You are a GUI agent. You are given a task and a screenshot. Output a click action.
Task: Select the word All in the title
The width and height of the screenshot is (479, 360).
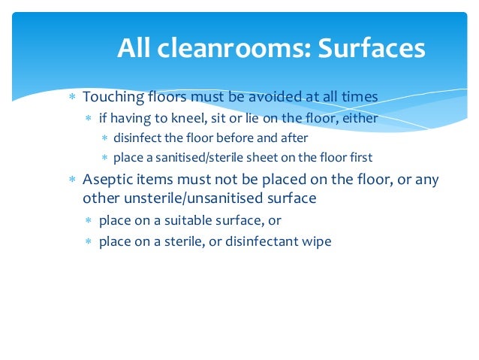134,48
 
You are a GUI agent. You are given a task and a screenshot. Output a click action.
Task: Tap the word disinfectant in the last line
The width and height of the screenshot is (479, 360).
259,242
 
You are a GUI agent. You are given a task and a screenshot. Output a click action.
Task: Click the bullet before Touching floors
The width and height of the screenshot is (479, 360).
72,98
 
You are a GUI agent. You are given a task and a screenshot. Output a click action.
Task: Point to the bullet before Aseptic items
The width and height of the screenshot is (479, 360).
72,182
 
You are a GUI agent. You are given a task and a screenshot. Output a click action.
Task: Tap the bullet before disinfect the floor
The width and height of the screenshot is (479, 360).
105,139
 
